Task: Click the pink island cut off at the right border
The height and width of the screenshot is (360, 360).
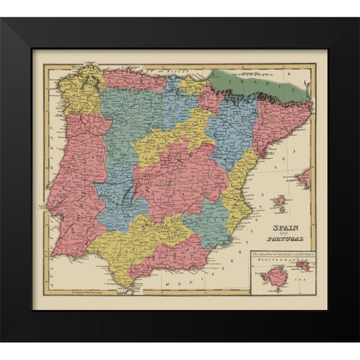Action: (x=304, y=178)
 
